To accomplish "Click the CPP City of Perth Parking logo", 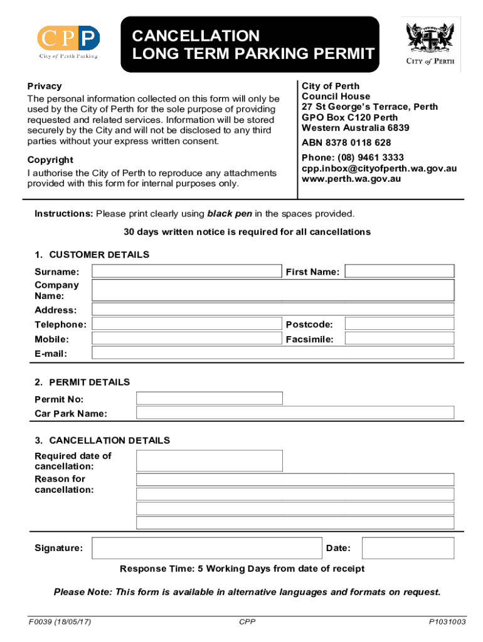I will pos(68,42).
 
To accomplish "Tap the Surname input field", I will pos(187,271).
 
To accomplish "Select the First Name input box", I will pos(400,271).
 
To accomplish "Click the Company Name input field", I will pos(273,290).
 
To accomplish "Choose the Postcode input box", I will pos(400,324).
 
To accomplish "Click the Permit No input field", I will pos(210,399).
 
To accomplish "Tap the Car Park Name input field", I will pos(295,413).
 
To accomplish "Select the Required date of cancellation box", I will pos(210,461).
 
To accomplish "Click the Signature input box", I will pos(206,548).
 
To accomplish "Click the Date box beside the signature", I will pos(408,548).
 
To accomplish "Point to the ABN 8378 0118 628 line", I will pos(346,143).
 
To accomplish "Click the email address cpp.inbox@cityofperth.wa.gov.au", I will pos(379,168).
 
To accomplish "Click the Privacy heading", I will pos(45,86).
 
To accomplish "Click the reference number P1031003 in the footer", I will pos(447,622).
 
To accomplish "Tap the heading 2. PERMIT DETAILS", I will pos(82,382).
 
